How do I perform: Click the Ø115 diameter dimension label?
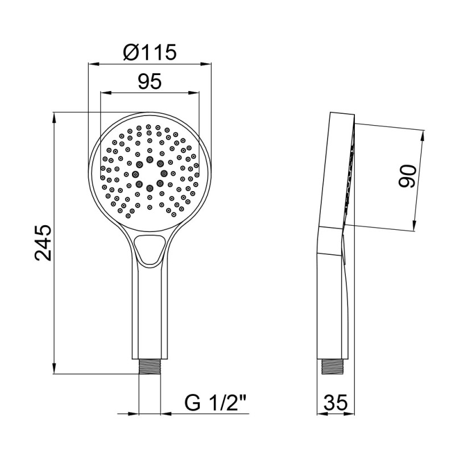pyautogui.click(x=150, y=52)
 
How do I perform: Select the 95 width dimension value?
pyautogui.click(x=150, y=82)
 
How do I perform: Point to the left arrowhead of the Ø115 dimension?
pyautogui.click(x=91, y=63)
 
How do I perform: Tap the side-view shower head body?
pyautogui.click(x=336, y=171)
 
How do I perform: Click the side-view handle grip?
pyautogui.click(x=333, y=301)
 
